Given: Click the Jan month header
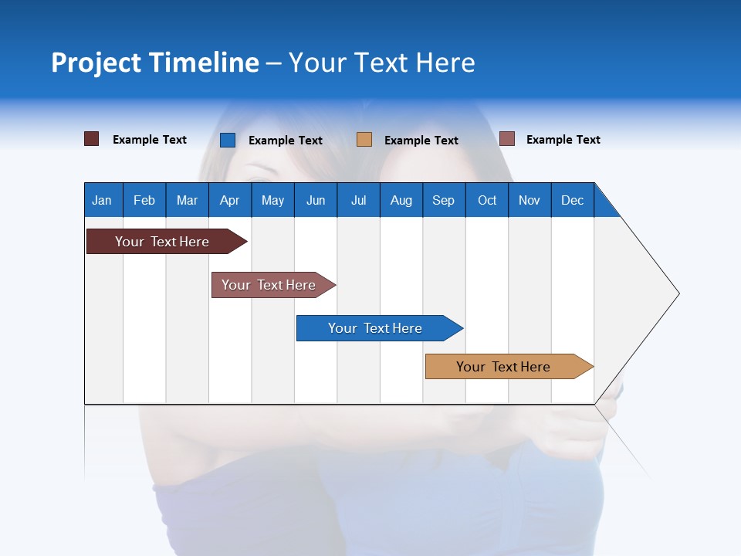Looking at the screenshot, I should pyautogui.click(x=102, y=200).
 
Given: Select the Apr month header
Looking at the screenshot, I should pyautogui.click(x=229, y=200).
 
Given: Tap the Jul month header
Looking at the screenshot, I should pyautogui.click(x=358, y=200).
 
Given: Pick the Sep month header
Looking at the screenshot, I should pyautogui.click(x=443, y=200).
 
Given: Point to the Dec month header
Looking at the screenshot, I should pyautogui.click(x=572, y=200).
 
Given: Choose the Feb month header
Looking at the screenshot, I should pyautogui.click(x=144, y=200).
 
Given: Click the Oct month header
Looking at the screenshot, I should pyautogui.click(x=487, y=200).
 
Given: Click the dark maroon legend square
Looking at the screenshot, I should pyautogui.click(x=91, y=139).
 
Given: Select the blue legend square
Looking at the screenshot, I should pyautogui.click(x=227, y=140).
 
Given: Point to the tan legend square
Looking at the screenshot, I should pyautogui.click(x=364, y=140).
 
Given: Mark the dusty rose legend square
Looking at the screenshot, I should pyautogui.click(x=506, y=139).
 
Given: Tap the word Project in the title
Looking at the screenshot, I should pyautogui.click(x=96, y=63).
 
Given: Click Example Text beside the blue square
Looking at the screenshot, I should pyautogui.click(x=285, y=141).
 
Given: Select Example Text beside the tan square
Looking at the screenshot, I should pyautogui.click(x=421, y=141).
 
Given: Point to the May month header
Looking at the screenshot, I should pyautogui.click(x=272, y=200).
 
